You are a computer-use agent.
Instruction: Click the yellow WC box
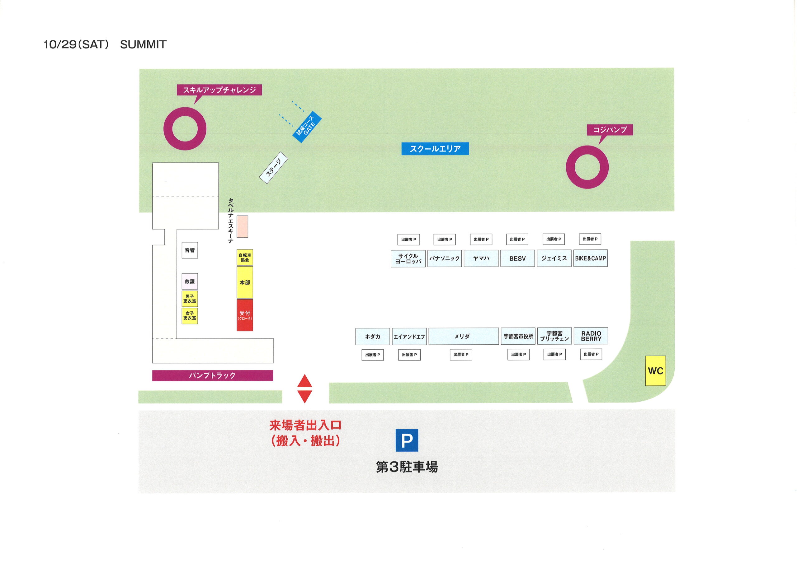point(655,370)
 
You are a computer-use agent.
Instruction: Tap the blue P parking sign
point(407,440)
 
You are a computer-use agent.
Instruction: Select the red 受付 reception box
point(245,315)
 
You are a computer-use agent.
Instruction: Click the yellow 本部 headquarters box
point(245,282)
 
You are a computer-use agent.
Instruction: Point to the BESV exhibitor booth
point(517,258)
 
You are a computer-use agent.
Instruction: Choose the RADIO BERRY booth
point(591,336)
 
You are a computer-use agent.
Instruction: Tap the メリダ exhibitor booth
point(464,336)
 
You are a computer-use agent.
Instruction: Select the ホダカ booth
point(372,337)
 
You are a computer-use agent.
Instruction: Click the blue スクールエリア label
point(435,148)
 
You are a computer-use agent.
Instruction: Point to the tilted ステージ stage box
point(274,168)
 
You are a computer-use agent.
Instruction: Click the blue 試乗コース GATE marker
point(307,127)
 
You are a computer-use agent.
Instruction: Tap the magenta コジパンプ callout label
point(610,130)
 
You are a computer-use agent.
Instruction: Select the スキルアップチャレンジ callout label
point(219,90)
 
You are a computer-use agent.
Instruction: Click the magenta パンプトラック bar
point(212,375)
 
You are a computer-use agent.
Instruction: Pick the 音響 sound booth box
point(190,250)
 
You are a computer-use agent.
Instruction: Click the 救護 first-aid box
point(190,281)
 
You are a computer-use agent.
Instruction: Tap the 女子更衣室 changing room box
point(190,316)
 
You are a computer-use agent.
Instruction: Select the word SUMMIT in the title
point(143,44)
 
